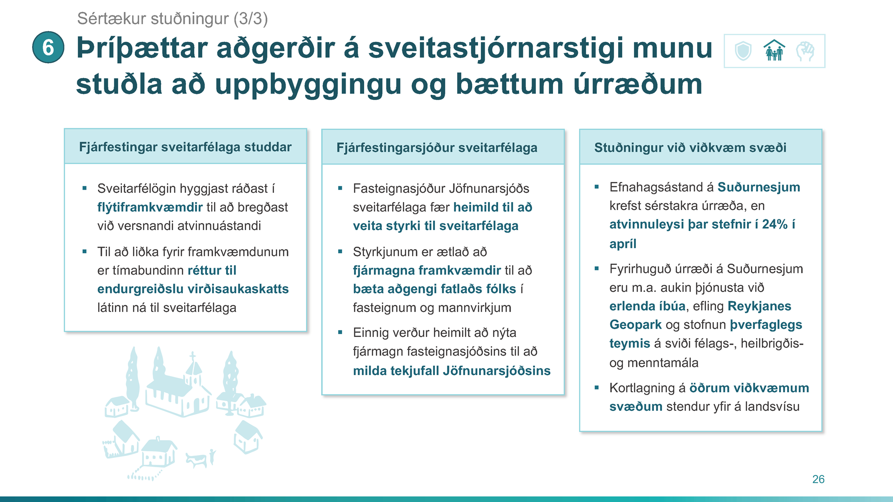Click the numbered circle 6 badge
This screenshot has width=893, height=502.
(48, 47)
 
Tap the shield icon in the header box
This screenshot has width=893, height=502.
(743, 51)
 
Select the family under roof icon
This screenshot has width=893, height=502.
(774, 50)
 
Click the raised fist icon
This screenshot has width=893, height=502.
(805, 51)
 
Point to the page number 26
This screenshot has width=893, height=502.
(819, 479)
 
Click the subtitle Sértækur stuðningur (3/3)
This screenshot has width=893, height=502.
(173, 19)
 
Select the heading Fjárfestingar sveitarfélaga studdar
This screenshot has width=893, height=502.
(185, 147)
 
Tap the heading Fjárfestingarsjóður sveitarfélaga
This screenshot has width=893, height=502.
(437, 148)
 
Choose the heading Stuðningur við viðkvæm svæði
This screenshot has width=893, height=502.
(690, 148)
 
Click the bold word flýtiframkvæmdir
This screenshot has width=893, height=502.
(150, 207)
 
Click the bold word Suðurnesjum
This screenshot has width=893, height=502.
(759, 187)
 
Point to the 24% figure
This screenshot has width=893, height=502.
(775, 225)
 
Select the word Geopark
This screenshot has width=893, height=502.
(635, 325)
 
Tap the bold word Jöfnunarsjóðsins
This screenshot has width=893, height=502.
(497, 371)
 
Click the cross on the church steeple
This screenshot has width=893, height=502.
(193, 357)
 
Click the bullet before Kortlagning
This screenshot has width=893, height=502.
(597, 388)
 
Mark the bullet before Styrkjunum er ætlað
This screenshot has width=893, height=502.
(340, 251)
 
